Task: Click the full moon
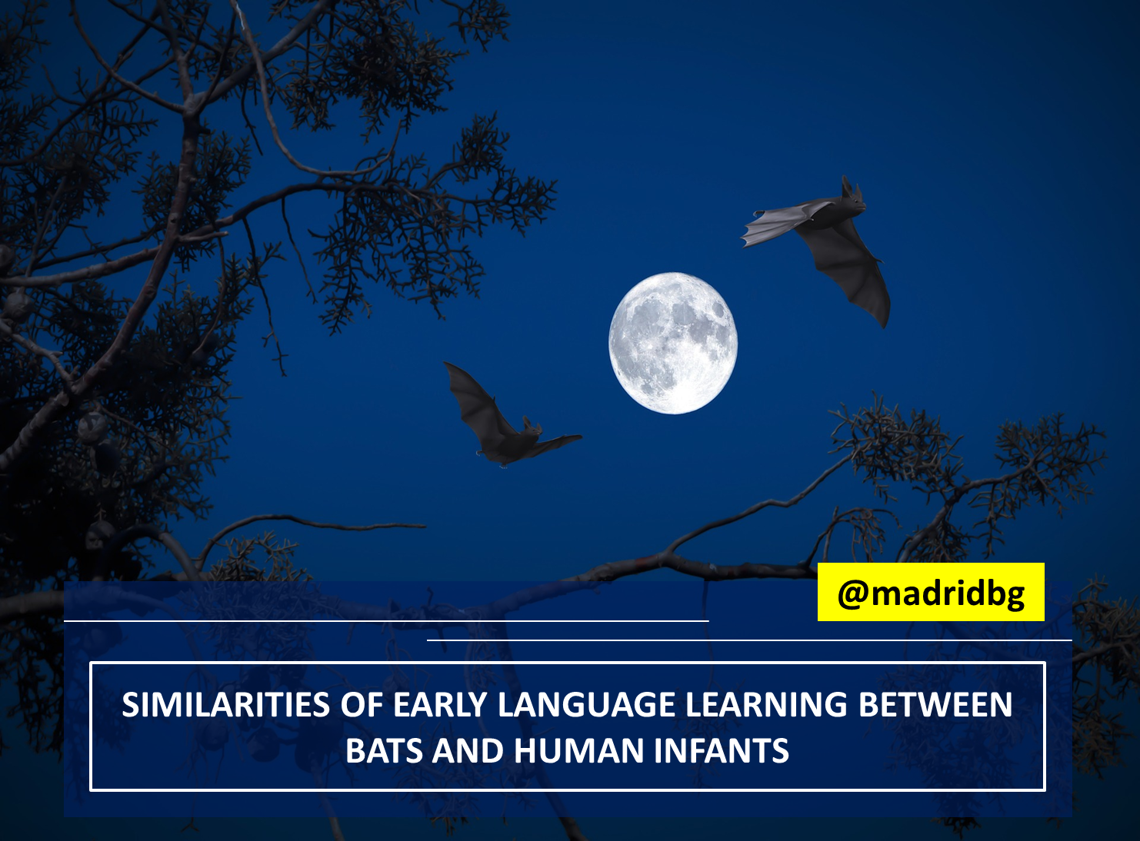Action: tap(673, 343)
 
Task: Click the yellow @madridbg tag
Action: tap(931, 592)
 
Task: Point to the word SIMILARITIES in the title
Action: tap(225, 704)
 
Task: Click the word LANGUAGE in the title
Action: tap(586, 704)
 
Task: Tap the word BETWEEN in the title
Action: tap(935, 704)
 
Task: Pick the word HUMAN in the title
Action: tap(578, 750)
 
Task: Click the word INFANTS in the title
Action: tap(721, 750)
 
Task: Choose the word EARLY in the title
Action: tap(440, 704)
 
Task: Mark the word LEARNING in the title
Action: tap(766, 704)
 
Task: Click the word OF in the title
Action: tap(362, 704)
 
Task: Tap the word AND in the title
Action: tap(468, 750)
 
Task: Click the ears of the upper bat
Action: tap(850, 187)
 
